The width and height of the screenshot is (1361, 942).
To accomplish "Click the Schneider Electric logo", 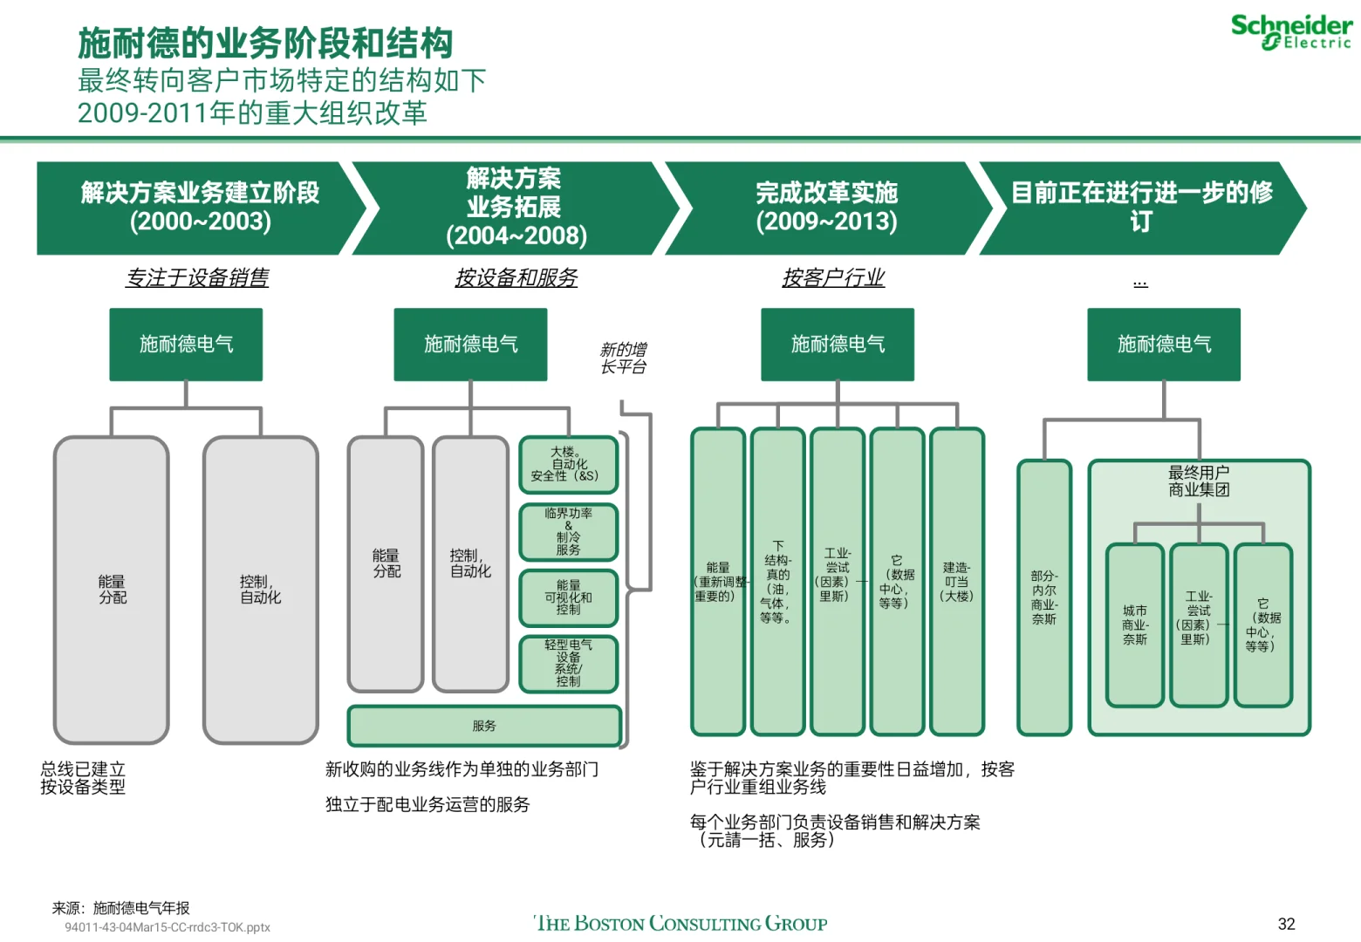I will coord(1291,32).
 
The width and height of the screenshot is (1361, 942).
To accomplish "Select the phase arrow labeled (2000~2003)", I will coord(201,208).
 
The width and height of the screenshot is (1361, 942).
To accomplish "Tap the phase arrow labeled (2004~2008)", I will coord(515,208).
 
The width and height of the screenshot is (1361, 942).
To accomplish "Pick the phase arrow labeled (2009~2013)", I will coord(827,208).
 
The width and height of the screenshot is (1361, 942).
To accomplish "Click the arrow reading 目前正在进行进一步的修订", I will coord(1141,208).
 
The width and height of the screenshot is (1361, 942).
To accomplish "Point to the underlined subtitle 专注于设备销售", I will coord(197,277).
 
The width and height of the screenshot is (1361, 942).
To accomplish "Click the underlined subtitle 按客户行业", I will coord(833,277).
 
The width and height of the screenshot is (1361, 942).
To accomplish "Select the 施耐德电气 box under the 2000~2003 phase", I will coord(186,345).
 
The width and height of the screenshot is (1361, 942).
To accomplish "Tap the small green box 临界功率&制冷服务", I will coord(569,532).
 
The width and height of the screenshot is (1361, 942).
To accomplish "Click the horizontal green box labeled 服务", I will coord(484,726).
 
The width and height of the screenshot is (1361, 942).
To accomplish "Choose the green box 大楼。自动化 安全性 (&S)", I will coord(569,465).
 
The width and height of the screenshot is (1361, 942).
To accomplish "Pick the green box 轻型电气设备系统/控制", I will coord(569,664).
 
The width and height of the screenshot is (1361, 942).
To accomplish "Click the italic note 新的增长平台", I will coord(623,358).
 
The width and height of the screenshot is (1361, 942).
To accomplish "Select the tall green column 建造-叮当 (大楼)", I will coord(956,582).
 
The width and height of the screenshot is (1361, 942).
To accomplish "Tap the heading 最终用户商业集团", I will coord(1199,481).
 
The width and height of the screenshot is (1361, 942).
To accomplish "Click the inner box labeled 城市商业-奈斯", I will coord(1135,625).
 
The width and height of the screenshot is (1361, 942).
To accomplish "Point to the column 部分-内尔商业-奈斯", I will coord(1044,597).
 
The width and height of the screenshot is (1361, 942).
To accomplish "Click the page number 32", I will coord(1286,924).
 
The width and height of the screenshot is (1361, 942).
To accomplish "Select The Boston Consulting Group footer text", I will coord(680,923).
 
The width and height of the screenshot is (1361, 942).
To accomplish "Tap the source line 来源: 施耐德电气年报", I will coord(120,908).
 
